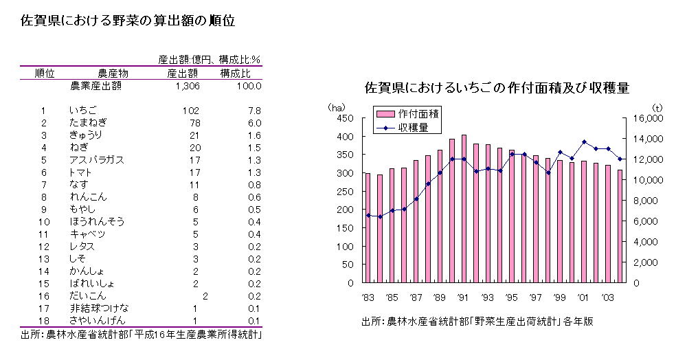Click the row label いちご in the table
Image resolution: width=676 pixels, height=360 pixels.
coord(83,111)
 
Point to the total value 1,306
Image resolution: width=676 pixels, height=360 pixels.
coord(187,86)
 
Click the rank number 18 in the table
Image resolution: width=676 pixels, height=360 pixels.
coord(43,321)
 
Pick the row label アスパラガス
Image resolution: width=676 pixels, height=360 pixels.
coord(96,160)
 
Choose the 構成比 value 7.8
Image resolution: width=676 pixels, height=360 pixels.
coord(253,111)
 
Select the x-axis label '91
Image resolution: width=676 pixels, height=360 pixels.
coord(463,297)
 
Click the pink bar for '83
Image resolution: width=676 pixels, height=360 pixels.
coord(368,227)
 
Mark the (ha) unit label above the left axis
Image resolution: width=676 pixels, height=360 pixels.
coord(337,106)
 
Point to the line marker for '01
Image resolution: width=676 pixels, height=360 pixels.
coord(584,142)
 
